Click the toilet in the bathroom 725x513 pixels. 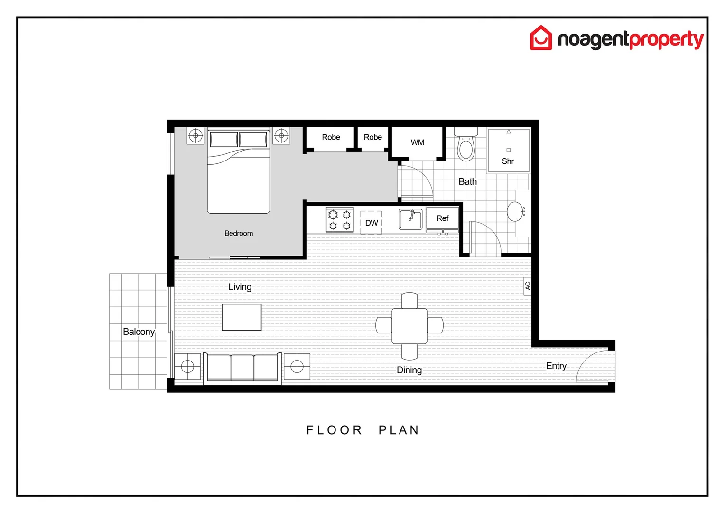[x=465, y=147]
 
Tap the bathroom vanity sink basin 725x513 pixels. [x=515, y=211]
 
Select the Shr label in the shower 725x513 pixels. [x=508, y=161]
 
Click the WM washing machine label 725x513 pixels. [x=418, y=142]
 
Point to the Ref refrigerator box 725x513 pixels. [x=442, y=218]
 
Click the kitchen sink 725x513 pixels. [x=410, y=219]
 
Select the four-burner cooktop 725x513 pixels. [x=340, y=220]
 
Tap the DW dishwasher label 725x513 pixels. [x=372, y=223]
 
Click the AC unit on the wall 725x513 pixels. [x=527, y=286]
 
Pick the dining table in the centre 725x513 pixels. [x=409, y=326]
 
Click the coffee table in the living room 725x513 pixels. [x=242, y=317]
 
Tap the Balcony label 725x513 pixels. [x=139, y=332]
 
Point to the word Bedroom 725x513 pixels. [x=239, y=233]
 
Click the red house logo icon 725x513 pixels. [x=541, y=38]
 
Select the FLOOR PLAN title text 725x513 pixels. [x=362, y=430]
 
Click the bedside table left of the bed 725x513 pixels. [x=195, y=136]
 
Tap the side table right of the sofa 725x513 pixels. [x=297, y=366]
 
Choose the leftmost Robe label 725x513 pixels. [x=331, y=137]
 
